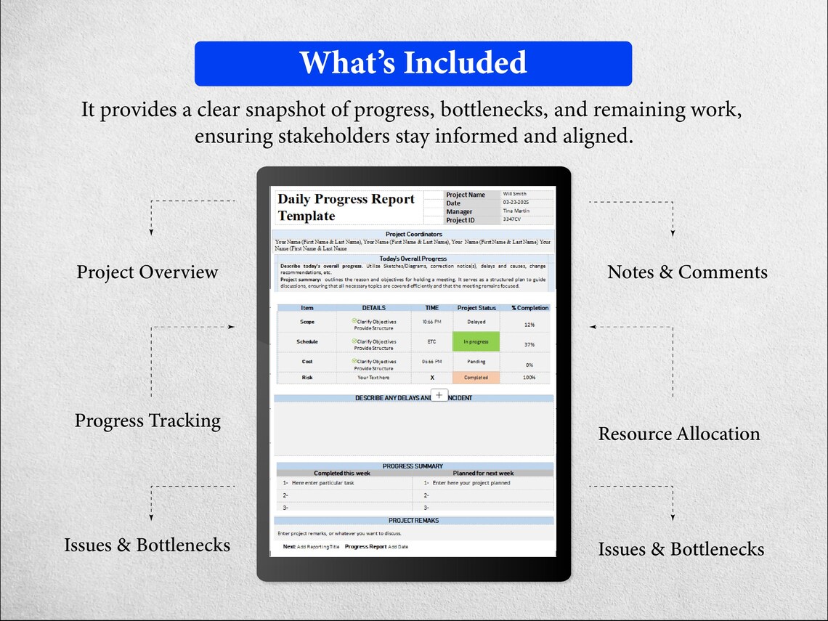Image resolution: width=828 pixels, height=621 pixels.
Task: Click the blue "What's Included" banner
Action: [413, 63]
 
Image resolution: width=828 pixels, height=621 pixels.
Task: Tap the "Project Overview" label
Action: [147, 272]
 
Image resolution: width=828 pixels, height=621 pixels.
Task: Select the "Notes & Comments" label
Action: [687, 272]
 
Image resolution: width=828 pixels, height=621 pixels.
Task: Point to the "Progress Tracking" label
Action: [147, 421]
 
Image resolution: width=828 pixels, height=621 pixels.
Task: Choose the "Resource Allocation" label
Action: [678, 434]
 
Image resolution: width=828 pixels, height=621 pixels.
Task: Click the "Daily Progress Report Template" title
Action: [346, 208]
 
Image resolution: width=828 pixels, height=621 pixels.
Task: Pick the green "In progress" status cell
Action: [476, 341]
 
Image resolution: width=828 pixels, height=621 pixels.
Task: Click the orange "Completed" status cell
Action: [476, 378]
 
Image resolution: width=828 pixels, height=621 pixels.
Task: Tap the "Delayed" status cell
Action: [476, 322]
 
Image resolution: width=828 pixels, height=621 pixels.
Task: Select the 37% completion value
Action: [529, 344]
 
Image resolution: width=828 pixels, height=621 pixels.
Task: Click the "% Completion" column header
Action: [529, 308]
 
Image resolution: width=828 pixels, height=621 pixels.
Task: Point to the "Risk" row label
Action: [307, 378]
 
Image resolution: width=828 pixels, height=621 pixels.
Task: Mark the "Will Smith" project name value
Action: [516, 195]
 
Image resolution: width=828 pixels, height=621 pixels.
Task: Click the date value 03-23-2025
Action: [516, 203]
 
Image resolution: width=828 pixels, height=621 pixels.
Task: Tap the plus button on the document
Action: [439, 394]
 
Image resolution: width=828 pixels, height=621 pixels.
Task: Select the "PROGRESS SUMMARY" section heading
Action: [413, 466]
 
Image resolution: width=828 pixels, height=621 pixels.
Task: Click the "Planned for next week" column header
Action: [483, 474]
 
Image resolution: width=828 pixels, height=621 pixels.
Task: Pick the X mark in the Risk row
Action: [432, 378]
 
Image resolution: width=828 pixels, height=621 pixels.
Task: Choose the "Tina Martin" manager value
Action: [516, 211]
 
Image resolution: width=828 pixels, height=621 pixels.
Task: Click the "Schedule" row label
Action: [307, 341]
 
